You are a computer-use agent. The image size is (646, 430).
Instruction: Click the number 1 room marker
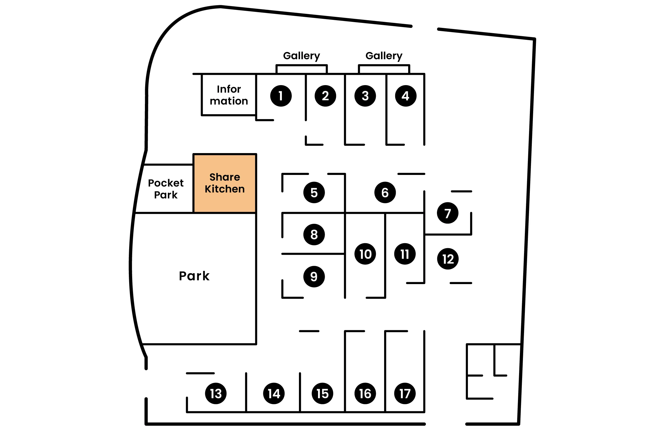pos(281,96)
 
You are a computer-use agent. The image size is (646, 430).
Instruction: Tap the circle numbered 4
pos(405,96)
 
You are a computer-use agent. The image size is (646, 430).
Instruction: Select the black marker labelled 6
pos(385,192)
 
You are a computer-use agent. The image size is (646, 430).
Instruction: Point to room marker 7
pos(447,213)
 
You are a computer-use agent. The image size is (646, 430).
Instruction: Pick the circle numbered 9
pos(314,276)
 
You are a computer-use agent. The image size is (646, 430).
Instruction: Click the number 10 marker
pos(365,254)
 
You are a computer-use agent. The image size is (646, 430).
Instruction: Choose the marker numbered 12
pos(448,259)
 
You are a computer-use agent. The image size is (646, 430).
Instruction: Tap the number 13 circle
pos(216,394)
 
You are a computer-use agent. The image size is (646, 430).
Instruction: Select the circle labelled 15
pos(322,394)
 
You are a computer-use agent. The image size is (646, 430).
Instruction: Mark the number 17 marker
pos(405,394)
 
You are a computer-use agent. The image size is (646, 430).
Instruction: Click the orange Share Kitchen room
pos(225,183)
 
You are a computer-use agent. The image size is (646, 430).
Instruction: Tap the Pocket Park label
pos(166,189)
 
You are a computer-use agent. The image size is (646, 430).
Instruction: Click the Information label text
pos(229,95)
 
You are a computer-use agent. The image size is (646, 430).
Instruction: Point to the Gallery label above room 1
pos(301,56)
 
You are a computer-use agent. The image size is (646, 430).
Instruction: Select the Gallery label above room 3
pos(384,56)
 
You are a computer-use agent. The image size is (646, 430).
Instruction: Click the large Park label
pos(194,276)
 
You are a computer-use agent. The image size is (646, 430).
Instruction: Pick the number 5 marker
pos(314,192)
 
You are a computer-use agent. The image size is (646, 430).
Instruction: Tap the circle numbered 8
pos(314,234)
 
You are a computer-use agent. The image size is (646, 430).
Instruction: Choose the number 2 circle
pos(325,96)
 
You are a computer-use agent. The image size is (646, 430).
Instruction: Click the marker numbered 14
pos(274,394)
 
